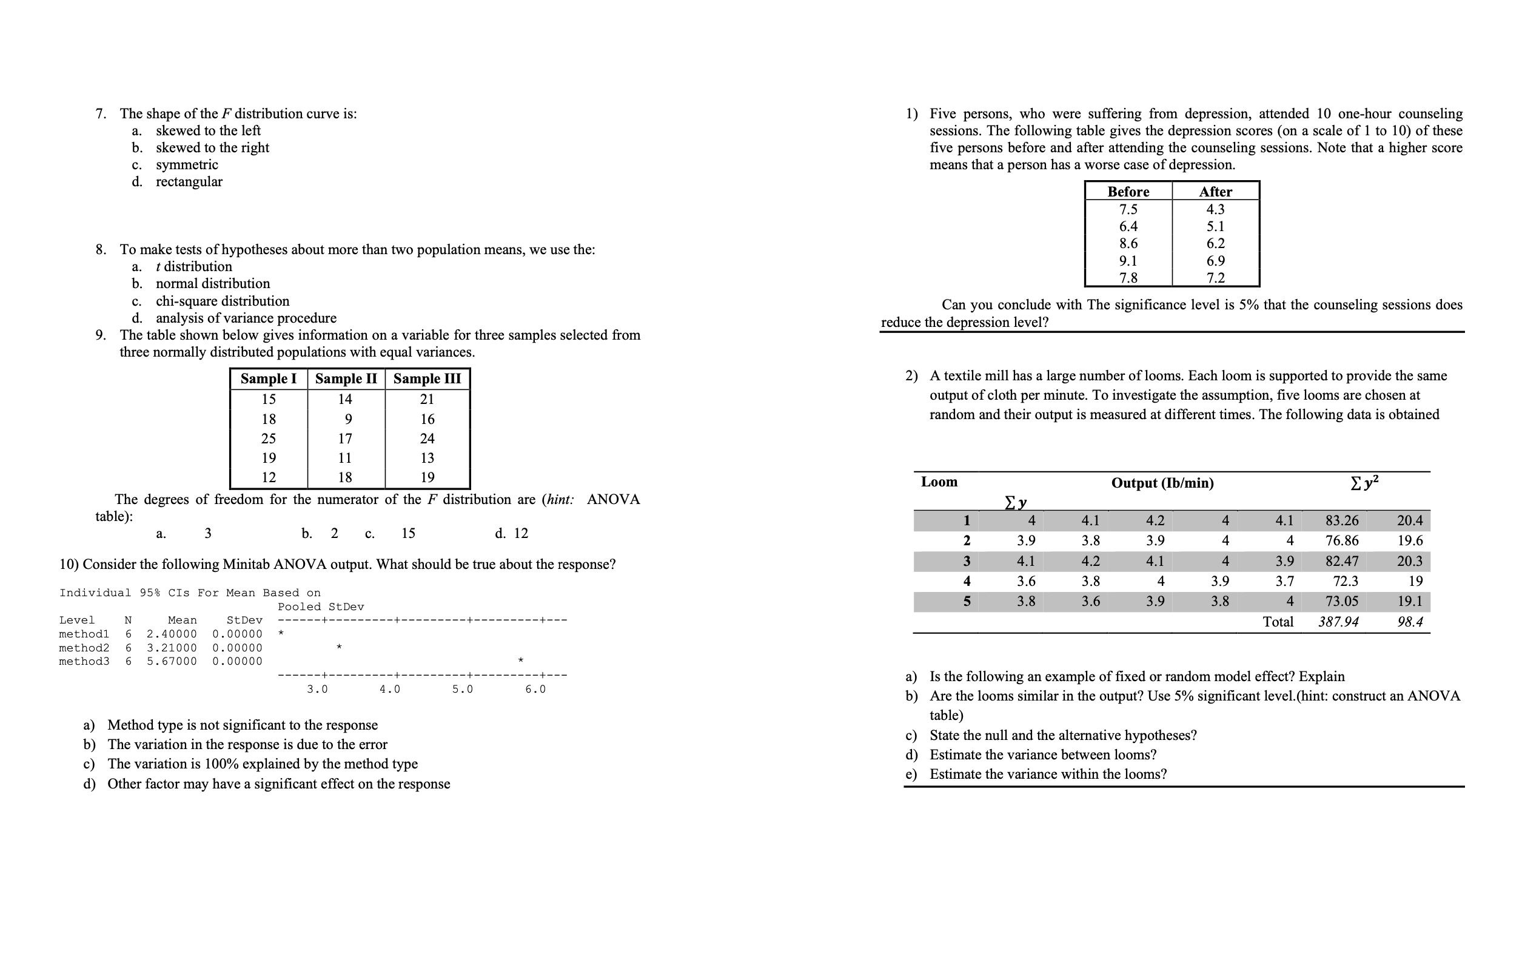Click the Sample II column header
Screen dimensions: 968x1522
tap(346, 378)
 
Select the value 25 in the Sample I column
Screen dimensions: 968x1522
tap(269, 438)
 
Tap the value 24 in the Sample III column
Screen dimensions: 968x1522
tap(427, 438)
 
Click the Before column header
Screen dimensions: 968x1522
tap(1128, 192)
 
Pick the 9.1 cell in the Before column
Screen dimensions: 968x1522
tap(1128, 260)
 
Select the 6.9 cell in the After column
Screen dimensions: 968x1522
tap(1215, 260)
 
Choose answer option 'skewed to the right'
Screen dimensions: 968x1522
tap(212, 147)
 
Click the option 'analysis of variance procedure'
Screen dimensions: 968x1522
tap(246, 317)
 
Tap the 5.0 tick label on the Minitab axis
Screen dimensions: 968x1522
tap(462, 689)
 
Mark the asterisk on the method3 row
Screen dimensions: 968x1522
tap(520, 661)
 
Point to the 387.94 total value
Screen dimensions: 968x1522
tap(1338, 622)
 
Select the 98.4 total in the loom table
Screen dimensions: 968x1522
tap(1410, 622)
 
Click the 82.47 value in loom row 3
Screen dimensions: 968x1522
tap(1341, 561)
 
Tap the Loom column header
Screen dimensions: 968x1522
tap(939, 482)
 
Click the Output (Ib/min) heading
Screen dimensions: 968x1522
tap(1162, 483)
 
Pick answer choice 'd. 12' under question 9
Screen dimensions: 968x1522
tap(511, 533)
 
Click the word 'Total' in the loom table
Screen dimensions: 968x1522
tap(1278, 622)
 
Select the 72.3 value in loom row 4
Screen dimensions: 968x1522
tap(1345, 581)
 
